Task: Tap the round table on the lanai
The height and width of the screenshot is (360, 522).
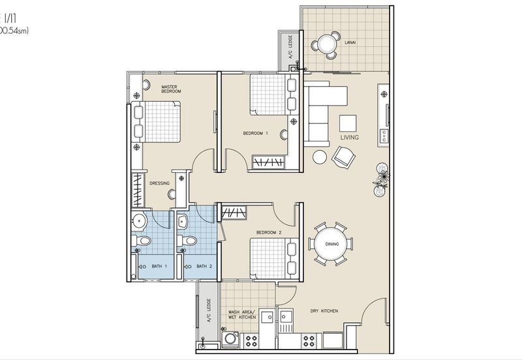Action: [x=324, y=44]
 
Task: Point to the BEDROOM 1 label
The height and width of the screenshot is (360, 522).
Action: [x=256, y=133]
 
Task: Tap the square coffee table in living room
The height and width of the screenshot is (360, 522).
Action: [x=348, y=123]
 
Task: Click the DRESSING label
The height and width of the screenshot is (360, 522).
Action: [x=159, y=183]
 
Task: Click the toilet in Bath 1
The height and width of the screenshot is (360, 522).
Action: [x=141, y=243]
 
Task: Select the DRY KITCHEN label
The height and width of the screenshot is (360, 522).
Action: [x=324, y=311]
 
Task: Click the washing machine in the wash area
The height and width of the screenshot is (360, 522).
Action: [x=229, y=340]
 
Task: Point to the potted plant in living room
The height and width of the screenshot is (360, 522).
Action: [x=381, y=175]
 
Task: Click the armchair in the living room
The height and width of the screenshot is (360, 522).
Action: [x=344, y=156]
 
